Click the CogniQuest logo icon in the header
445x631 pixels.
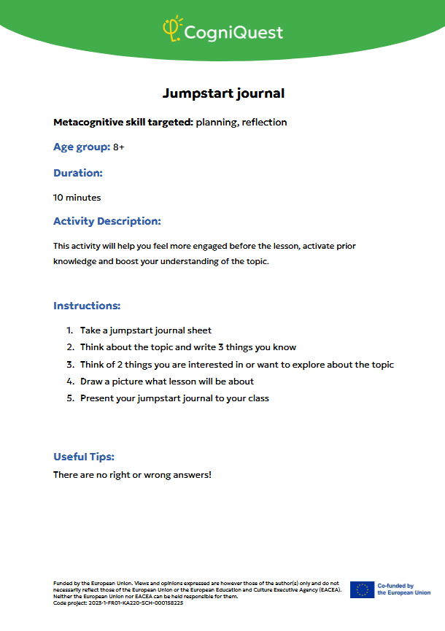[171, 28]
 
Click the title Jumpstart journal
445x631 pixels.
[222, 93]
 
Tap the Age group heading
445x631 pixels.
[81, 147]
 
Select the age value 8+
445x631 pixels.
[119, 147]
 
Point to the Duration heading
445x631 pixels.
[77, 173]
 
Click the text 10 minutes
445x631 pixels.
[77, 197]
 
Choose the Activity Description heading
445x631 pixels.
[107, 221]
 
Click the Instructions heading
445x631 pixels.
[87, 306]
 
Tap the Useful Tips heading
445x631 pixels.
[84, 457]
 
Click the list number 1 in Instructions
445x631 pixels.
[69, 330]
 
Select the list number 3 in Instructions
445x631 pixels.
[70, 365]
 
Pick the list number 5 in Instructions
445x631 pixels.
[70, 398]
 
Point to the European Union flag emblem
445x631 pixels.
[362, 589]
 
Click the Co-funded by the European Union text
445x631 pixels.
[403, 589]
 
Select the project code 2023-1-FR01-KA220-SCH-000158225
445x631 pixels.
[139, 603]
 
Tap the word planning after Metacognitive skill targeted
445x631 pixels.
[217, 122]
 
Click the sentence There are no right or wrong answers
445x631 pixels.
[132, 475]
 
